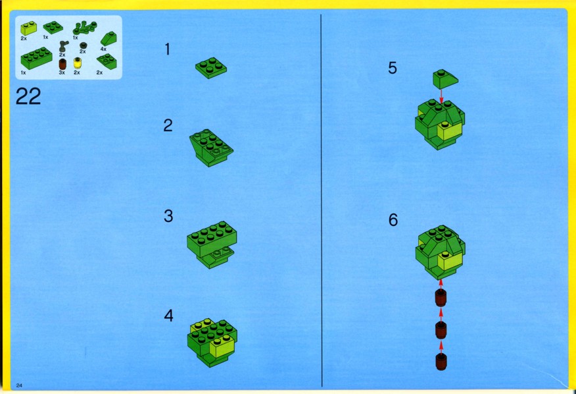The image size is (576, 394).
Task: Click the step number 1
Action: tap(168, 49)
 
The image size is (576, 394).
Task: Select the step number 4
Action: tap(168, 316)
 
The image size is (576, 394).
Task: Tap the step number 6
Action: tap(393, 220)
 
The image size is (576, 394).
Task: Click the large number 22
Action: tap(28, 96)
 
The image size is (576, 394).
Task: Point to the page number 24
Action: tap(19, 385)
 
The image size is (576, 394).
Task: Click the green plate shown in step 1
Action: tap(211, 68)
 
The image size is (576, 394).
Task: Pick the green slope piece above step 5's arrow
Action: tap(445, 79)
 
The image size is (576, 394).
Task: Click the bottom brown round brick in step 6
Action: tap(441, 362)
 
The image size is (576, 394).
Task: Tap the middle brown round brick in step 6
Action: tap(441, 330)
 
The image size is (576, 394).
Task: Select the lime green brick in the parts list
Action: tap(28, 28)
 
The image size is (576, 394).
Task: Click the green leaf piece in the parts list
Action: tap(85, 28)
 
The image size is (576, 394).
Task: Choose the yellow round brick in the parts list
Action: tap(77, 63)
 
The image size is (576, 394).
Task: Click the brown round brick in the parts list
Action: tap(62, 64)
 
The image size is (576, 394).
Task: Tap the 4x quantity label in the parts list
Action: tap(103, 49)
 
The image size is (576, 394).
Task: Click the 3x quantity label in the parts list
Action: tap(62, 72)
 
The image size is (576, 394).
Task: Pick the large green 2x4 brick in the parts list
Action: tap(36, 58)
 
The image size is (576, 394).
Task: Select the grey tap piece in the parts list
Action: tap(64, 46)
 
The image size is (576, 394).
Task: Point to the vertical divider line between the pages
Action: tap(322, 201)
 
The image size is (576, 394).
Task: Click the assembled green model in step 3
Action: tap(212, 244)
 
